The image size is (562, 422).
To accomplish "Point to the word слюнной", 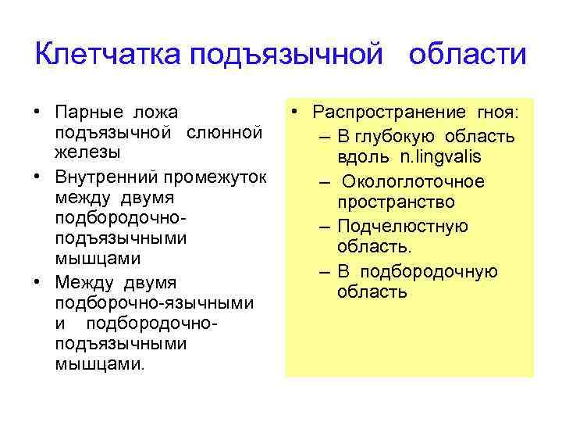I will pyautogui.click(x=224, y=132).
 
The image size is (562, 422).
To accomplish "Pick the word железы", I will pyautogui.click(x=82, y=150).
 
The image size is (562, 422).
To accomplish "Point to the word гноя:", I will pyautogui.click(x=500, y=115).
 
